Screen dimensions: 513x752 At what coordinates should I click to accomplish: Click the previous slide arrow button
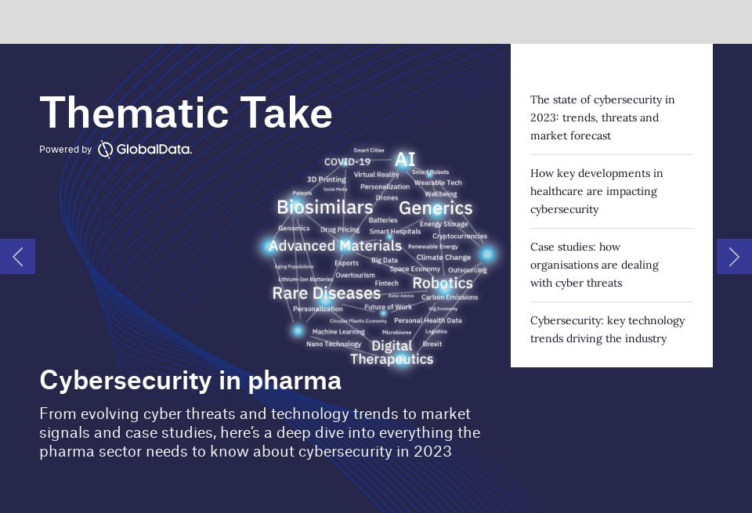[17, 256]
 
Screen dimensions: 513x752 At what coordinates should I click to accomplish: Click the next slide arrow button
[734, 256]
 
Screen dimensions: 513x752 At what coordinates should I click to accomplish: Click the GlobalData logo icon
[105, 150]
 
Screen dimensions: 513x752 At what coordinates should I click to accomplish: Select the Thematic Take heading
[186, 113]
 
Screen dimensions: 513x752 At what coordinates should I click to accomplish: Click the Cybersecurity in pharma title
[190, 381]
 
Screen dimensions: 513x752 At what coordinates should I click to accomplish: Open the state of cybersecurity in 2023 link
[602, 117]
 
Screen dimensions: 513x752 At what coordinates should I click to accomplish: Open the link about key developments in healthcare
[596, 191]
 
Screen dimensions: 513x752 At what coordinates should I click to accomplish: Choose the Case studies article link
[594, 265]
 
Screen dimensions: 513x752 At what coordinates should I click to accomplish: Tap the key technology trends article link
[607, 330]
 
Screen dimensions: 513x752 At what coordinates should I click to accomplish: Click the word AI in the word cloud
[405, 160]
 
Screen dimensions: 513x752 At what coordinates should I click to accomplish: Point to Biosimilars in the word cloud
[324, 208]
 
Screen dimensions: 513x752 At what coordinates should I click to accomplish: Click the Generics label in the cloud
[436, 208]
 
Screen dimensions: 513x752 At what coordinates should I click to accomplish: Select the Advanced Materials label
[334, 246]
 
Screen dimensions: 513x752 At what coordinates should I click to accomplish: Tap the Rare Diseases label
[326, 294]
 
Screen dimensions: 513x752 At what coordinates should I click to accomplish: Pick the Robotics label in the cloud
[442, 284]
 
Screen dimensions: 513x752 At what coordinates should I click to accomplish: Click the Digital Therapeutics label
[391, 352]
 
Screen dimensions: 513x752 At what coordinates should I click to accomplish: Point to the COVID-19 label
[347, 162]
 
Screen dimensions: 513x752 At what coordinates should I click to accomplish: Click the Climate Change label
[443, 258]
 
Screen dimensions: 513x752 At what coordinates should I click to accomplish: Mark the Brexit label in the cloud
[432, 344]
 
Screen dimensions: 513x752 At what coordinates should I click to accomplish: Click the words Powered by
[66, 150]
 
